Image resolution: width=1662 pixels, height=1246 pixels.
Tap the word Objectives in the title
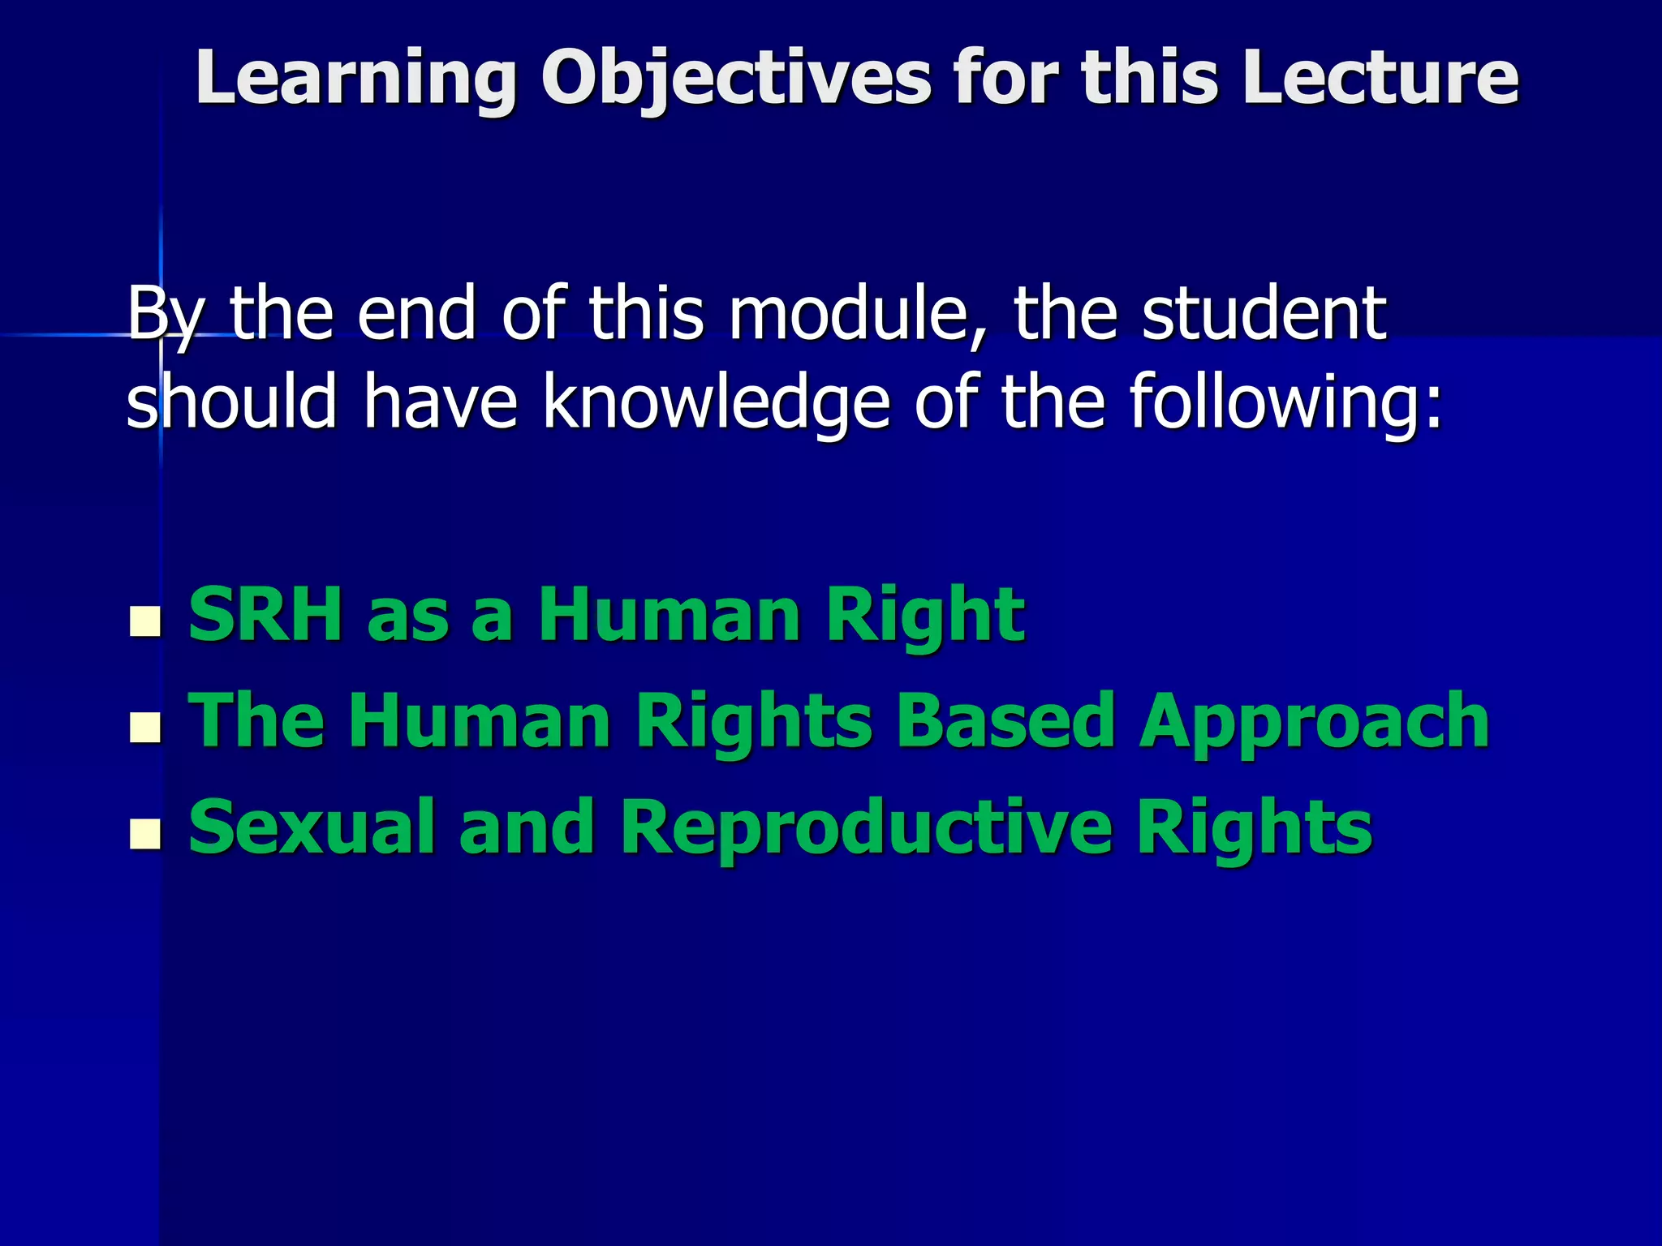(735, 79)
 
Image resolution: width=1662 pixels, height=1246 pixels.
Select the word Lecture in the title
(1379, 79)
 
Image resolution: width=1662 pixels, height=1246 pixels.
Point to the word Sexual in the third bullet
(312, 827)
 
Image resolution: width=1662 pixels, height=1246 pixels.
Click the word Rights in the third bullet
(1254, 827)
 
